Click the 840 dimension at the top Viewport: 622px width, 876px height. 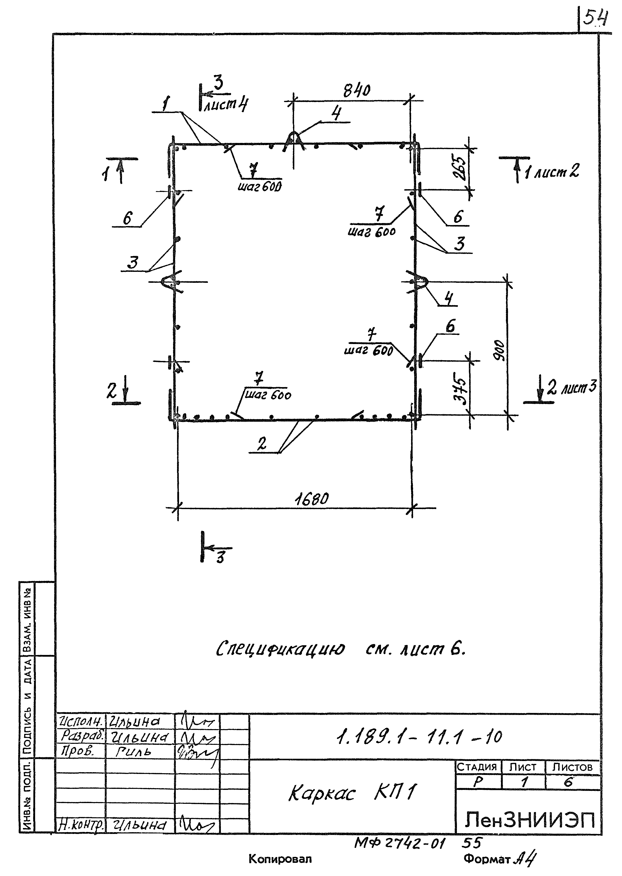(356, 91)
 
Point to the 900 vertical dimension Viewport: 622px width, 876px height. (499, 350)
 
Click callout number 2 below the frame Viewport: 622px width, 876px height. (262, 444)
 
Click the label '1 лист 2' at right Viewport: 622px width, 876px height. (552, 171)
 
